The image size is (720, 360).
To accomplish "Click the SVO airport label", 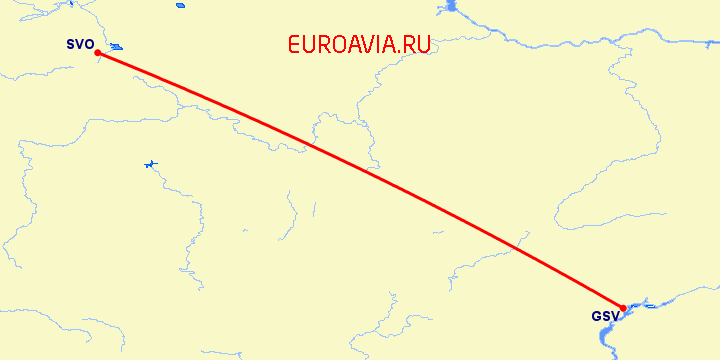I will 79,44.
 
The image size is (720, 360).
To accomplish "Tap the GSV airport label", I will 604,317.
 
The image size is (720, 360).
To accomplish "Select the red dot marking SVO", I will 97,53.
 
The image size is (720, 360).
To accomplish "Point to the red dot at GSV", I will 623,308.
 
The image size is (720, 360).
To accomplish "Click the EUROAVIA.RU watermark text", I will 358,44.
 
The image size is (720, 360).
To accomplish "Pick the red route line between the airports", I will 360,180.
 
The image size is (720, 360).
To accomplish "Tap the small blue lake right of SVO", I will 117,46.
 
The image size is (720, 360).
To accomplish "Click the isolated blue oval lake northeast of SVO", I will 180,5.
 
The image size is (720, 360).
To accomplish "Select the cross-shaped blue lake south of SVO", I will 150,164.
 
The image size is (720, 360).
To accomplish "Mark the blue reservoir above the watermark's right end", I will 447,9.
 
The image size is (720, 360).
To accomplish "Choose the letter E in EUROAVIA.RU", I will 293,44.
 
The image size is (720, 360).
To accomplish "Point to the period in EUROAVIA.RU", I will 399,51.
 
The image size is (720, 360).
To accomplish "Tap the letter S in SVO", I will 71,44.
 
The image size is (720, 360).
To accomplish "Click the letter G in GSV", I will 596,317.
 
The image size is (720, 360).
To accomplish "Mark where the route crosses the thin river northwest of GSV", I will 516,246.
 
